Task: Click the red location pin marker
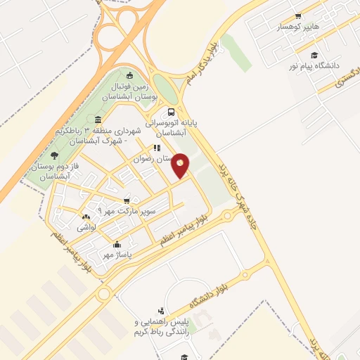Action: (181, 165)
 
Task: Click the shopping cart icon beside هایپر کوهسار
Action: (297, 15)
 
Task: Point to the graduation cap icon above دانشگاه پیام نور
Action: (314, 55)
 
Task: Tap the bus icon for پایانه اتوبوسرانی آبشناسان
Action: (172, 112)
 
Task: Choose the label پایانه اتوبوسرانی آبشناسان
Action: (177, 127)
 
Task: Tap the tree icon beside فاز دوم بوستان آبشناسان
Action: (55, 155)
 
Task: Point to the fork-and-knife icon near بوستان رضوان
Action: (157, 148)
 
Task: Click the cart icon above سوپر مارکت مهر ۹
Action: (127, 200)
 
